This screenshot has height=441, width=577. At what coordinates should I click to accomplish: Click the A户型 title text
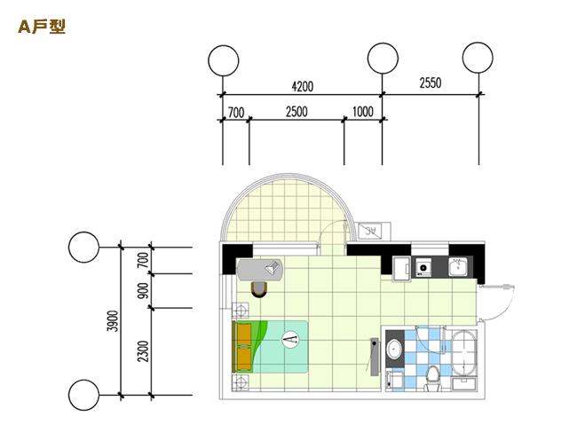pyautogui.click(x=42, y=27)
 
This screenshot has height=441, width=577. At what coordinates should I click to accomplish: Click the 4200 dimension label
pyautogui.click(x=303, y=86)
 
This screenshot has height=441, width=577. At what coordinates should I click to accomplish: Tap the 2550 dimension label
pyautogui.click(x=431, y=83)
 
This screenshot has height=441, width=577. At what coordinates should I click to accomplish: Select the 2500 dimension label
pyautogui.click(x=296, y=112)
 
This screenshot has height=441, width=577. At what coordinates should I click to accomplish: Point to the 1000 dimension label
pyautogui.click(x=363, y=112)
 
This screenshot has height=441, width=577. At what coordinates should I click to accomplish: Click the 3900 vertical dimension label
pyautogui.click(x=114, y=321)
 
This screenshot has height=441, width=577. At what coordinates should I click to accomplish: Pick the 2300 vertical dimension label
pyautogui.click(x=144, y=351)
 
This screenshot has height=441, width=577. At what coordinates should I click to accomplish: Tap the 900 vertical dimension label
pyautogui.click(x=144, y=290)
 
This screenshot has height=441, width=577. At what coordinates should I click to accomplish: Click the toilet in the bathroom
pyautogui.click(x=433, y=378)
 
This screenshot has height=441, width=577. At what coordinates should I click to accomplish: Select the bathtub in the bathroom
pyautogui.click(x=464, y=353)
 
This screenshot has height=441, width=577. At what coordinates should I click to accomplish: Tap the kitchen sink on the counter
pyautogui.click(x=458, y=267)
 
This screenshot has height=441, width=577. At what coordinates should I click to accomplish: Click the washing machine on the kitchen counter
pyautogui.click(x=424, y=267)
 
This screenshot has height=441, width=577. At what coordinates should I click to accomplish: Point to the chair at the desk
pyautogui.click(x=259, y=288)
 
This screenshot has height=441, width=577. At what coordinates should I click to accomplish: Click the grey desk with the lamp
pyautogui.click(x=260, y=270)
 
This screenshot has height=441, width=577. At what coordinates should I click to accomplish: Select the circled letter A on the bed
pyautogui.click(x=290, y=340)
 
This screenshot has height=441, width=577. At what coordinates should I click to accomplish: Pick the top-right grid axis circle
pyautogui.click(x=478, y=58)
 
